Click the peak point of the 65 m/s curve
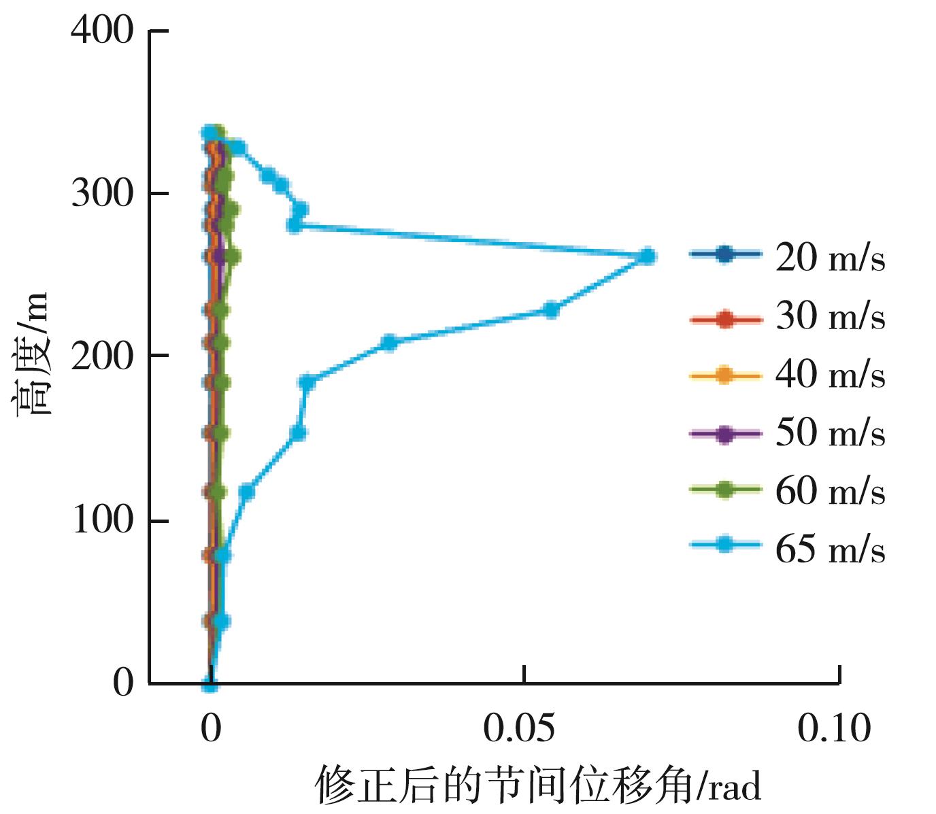click(x=648, y=256)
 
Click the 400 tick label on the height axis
click(x=102, y=31)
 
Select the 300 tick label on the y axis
click(x=102, y=194)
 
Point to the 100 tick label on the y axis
click(x=102, y=520)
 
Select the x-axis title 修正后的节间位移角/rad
click(x=537, y=785)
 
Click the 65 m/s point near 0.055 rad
click(x=552, y=310)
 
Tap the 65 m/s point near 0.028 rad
click(x=388, y=342)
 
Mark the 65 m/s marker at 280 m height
click(x=294, y=226)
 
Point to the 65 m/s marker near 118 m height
click(x=247, y=492)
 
